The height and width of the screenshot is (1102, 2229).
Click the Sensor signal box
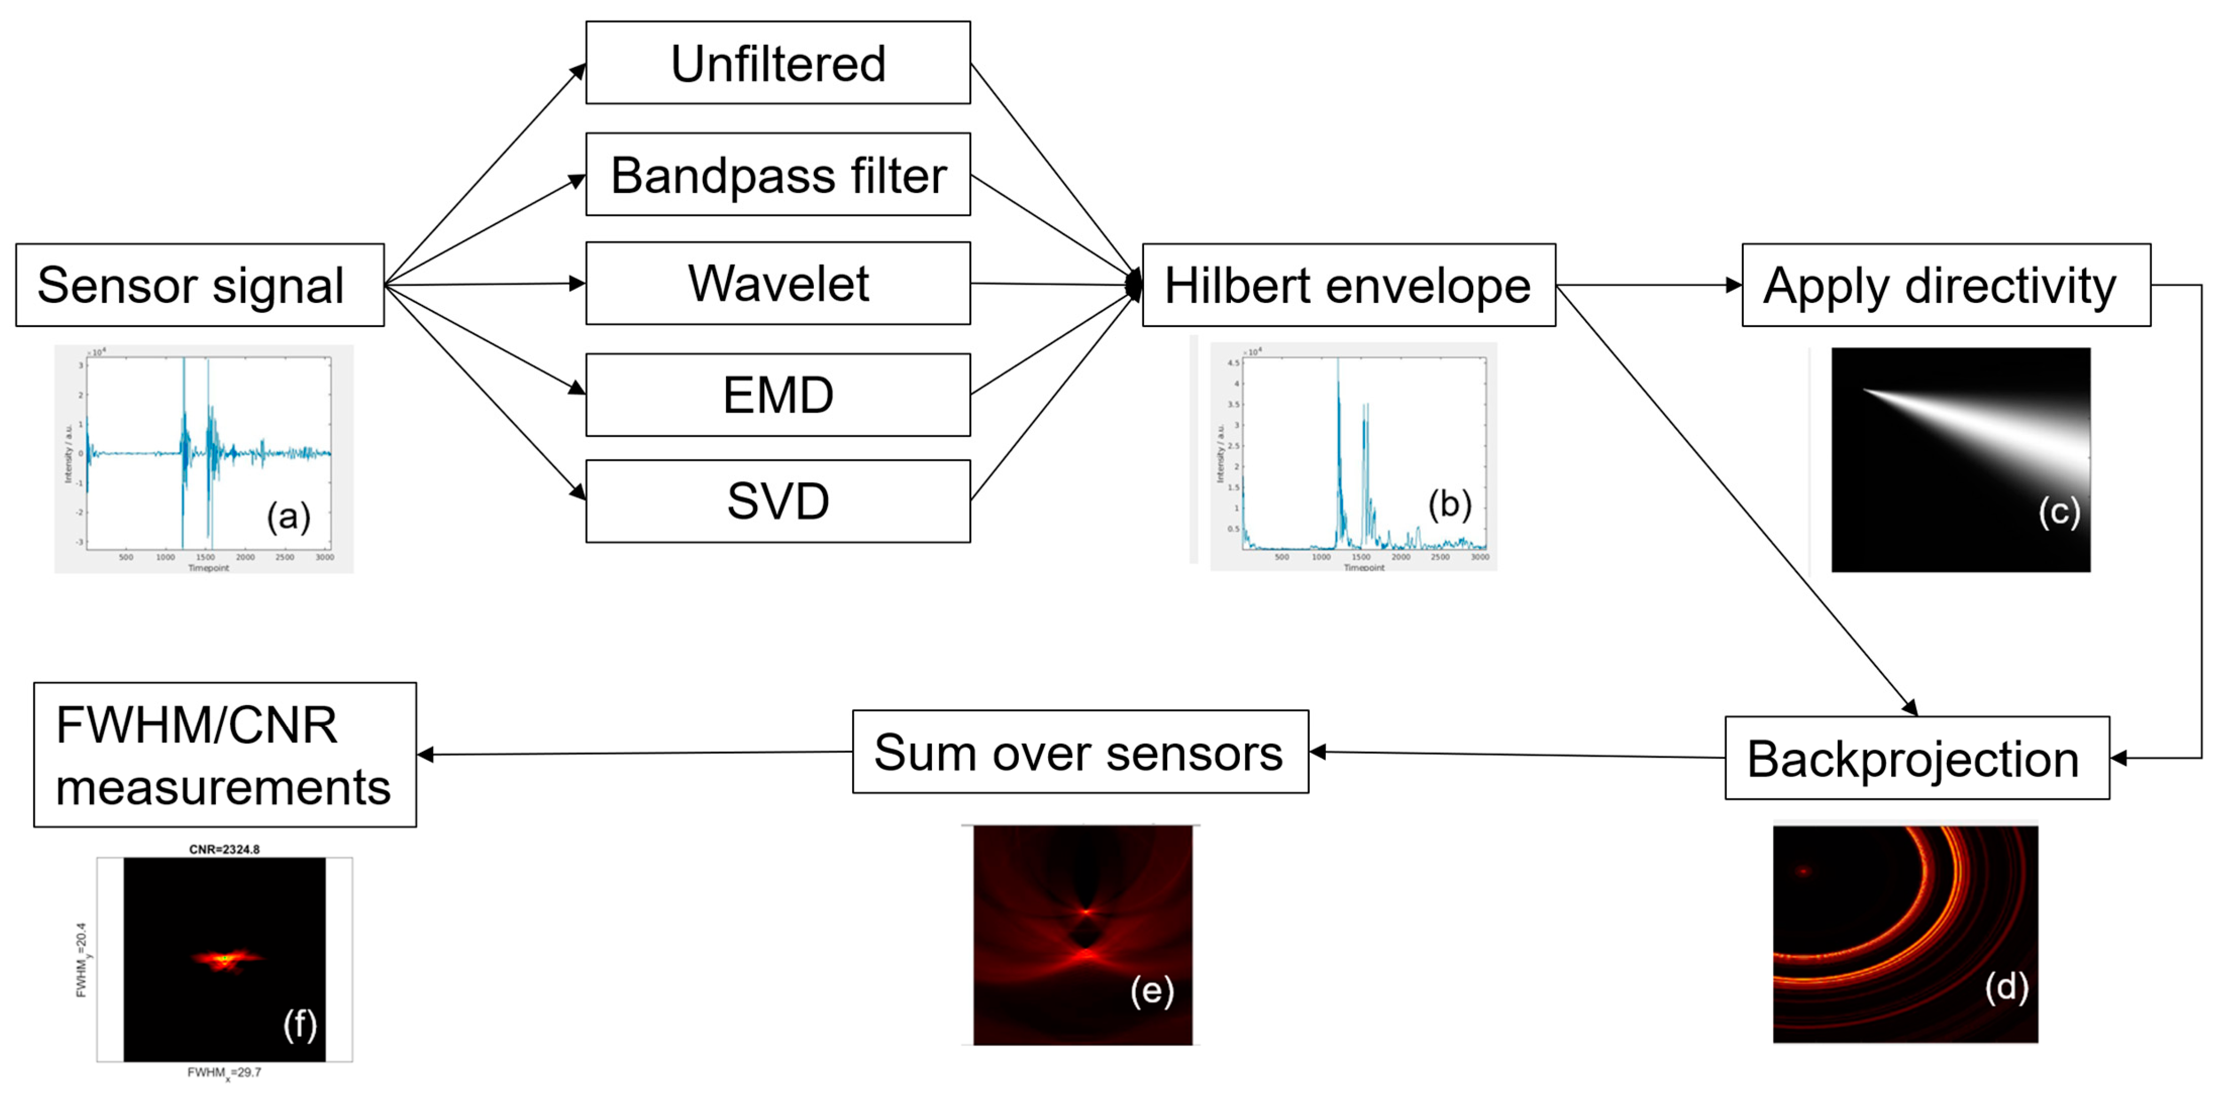tap(200, 285)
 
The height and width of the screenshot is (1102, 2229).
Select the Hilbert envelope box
tap(1348, 285)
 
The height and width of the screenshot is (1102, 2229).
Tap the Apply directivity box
tap(1945, 285)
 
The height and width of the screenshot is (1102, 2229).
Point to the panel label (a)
tap(288, 516)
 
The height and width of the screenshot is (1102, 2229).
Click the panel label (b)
tap(1449, 503)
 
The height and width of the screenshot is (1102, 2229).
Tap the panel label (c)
tap(2058, 512)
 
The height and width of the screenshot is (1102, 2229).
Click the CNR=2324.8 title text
tap(224, 850)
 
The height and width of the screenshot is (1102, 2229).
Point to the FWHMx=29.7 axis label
tap(224, 1073)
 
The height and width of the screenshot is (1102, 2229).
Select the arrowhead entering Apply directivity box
tap(1733, 285)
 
